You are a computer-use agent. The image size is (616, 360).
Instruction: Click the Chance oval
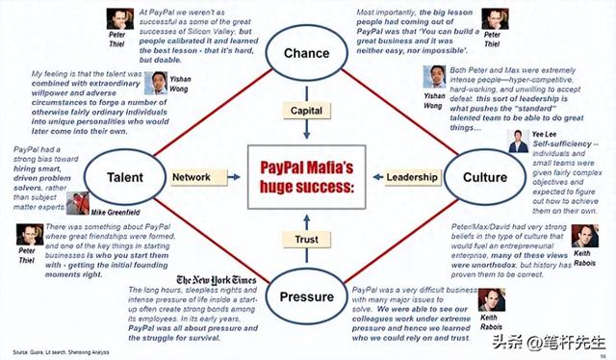pyautogui.click(x=307, y=53)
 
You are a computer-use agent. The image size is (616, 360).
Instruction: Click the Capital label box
pyautogui.click(x=307, y=111)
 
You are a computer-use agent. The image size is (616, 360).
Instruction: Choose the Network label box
pyautogui.click(x=192, y=177)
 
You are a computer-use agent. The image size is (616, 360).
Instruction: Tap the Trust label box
pyautogui.click(x=307, y=240)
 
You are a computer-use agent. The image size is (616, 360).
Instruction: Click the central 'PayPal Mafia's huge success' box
pyautogui.click(x=307, y=177)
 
